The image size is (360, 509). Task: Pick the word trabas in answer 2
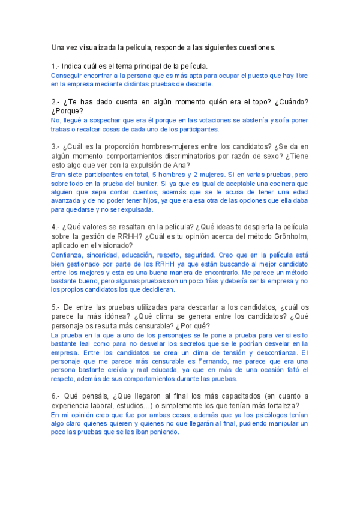coord(61,128)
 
